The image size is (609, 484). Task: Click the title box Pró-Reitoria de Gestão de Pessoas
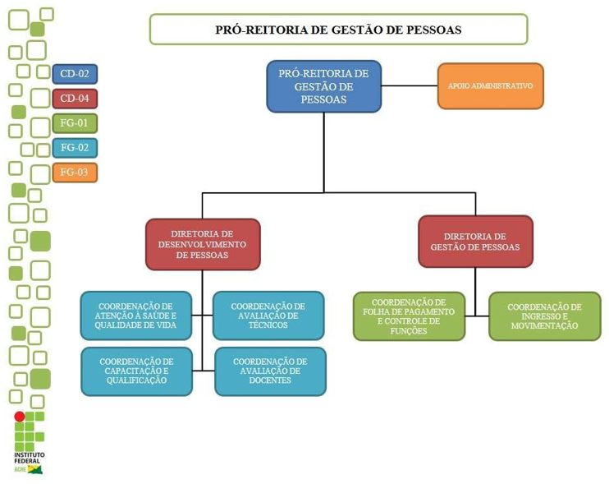(338, 30)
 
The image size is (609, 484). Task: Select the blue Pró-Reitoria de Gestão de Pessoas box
(323, 86)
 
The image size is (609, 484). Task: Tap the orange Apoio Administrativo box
(490, 86)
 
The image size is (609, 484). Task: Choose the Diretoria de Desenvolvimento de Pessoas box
(203, 244)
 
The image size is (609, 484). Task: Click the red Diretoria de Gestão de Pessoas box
(475, 242)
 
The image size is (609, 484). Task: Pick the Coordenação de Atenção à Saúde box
(135, 316)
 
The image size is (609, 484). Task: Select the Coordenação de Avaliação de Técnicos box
(268, 316)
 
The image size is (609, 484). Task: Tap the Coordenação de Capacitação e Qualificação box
(136, 371)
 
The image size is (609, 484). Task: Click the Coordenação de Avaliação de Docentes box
(270, 371)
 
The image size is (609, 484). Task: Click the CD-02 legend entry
(75, 74)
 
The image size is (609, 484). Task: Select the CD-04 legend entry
(75, 99)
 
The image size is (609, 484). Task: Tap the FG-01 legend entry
(75, 123)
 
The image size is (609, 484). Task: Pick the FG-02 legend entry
(75, 148)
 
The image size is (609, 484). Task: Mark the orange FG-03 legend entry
(75, 173)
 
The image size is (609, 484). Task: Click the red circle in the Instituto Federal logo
(19, 417)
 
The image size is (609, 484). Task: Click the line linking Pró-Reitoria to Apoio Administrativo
(409, 85)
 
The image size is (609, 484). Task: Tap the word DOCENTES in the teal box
(270, 380)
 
